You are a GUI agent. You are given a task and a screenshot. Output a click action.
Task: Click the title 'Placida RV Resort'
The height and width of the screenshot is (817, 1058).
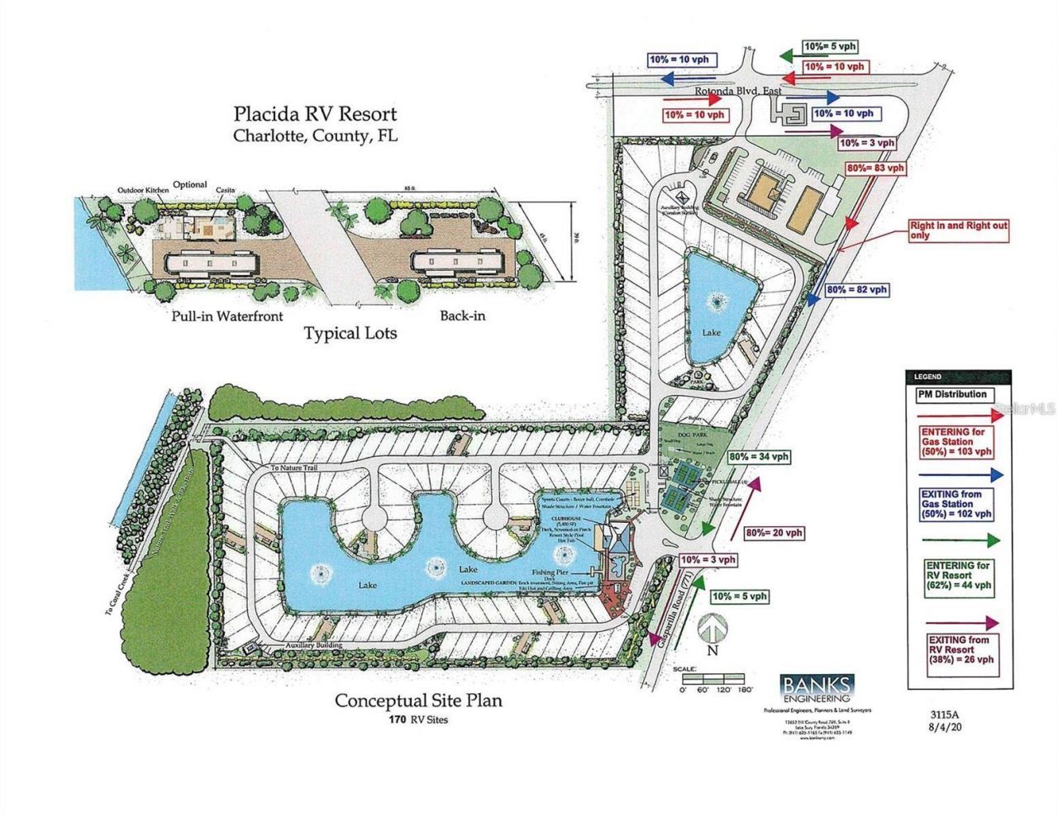coord(314,114)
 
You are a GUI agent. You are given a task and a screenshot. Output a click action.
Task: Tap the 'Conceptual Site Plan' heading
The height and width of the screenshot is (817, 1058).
coord(417,701)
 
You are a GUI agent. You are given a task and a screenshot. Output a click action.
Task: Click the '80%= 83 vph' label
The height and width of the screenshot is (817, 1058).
coord(876,168)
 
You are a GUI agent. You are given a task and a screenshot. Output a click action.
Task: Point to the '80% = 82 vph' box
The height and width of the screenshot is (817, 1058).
coord(857,290)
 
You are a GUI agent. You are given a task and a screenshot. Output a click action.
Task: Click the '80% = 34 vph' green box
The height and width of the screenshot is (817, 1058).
coord(758,456)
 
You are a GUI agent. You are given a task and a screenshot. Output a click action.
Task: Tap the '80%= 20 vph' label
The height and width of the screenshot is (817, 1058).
coord(774,533)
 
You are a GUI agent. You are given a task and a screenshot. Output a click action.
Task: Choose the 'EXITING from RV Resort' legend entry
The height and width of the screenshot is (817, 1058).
coord(960,649)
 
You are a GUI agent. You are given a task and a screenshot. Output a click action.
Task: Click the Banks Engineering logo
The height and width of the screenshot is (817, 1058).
coord(816,688)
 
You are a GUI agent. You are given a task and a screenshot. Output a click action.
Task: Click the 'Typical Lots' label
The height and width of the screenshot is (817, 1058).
coord(350,334)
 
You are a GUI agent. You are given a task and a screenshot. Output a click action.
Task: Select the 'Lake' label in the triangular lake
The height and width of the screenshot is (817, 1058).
coord(712,332)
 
